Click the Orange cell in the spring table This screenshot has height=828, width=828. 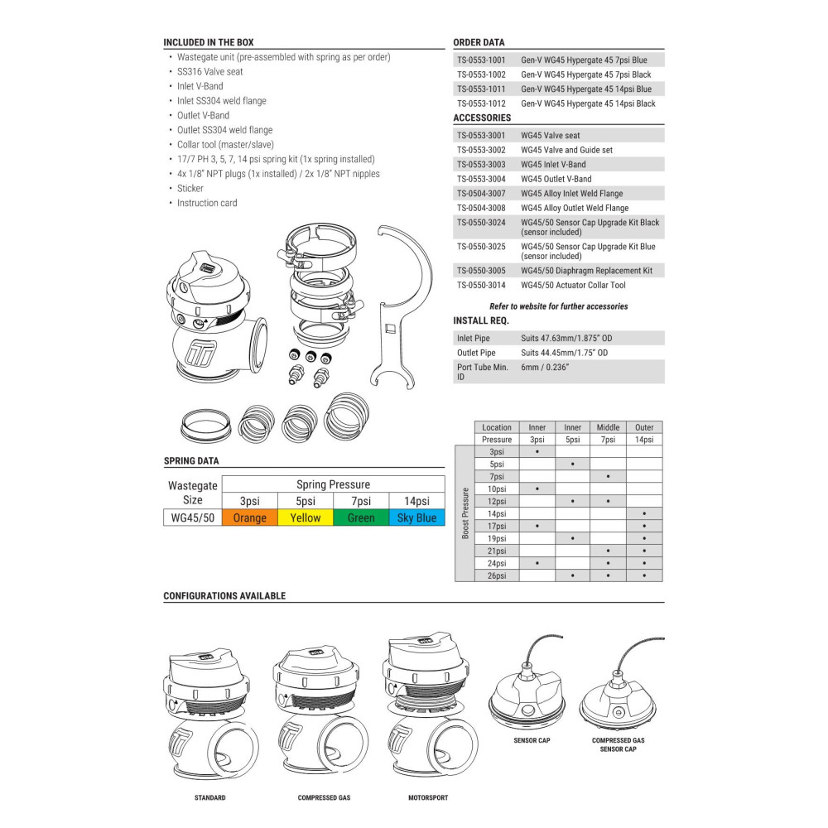250,518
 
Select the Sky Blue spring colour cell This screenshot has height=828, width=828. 416,518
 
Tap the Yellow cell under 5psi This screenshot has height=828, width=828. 305,518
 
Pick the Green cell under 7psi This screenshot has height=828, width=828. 360,518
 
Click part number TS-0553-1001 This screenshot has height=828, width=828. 481,60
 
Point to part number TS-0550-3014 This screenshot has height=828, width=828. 481,286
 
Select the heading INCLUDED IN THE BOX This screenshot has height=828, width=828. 209,42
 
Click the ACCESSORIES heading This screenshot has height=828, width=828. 482,118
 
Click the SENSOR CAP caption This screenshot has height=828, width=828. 532,740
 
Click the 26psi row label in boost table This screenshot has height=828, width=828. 497,575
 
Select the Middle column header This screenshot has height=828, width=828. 608,427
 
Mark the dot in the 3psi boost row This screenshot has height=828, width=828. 537,452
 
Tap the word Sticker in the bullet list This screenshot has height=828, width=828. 190,189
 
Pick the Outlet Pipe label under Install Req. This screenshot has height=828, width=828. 477,353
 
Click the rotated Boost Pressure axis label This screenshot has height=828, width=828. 465,513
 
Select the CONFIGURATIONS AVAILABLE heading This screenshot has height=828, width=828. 224,596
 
